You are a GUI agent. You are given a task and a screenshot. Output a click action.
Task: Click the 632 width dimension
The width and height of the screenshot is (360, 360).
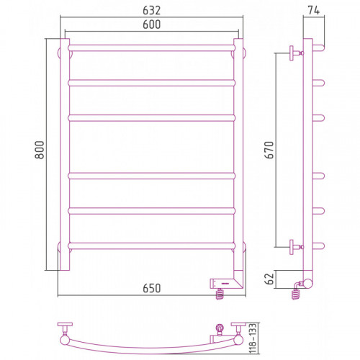pyautogui.click(x=151, y=10)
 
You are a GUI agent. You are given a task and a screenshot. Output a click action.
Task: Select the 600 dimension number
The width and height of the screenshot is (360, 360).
pyautogui.click(x=151, y=24)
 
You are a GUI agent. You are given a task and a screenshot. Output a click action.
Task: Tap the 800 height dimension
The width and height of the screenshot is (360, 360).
pyautogui.click(x=40, y=150)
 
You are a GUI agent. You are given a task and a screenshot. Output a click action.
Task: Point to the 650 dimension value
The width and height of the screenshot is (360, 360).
pyautogui.click(x=151, y=288)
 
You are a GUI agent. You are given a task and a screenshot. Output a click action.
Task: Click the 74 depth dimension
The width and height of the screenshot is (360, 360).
pyautogui.click(x=314, y=10)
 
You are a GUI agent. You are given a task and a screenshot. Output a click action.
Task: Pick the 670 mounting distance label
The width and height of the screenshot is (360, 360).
pyautogui.click(x=269, y=150)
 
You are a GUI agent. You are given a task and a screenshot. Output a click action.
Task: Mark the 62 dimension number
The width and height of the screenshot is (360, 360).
pyautogui.click(x=269, y=279)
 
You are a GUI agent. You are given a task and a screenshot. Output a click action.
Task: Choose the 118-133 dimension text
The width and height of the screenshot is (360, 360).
pyautogui.click(x=253, y=338)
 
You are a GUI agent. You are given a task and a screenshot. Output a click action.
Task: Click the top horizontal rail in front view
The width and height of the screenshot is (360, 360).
pyautogui.click(x=152, y=48)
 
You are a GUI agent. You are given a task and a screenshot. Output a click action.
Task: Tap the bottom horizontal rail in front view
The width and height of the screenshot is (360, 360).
pyautogui.click(x=152, y=246)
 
